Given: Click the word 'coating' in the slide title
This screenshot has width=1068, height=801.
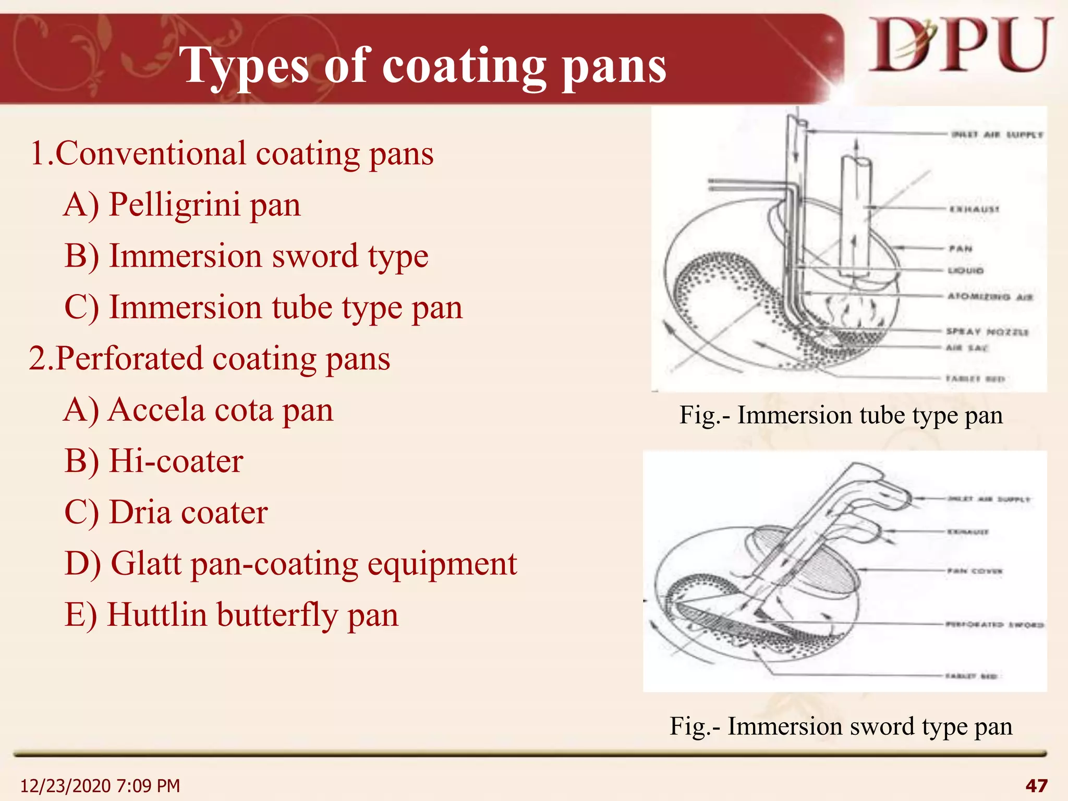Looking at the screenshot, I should tap(464, 66).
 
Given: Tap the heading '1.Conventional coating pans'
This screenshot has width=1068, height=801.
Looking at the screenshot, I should tap(232, 154).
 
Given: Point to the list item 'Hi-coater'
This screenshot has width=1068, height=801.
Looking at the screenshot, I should tap(154, 462).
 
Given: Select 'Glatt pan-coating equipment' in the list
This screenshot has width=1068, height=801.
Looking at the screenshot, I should tap(290, 564).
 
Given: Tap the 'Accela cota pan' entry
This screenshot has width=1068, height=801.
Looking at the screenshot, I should tap(198, 410).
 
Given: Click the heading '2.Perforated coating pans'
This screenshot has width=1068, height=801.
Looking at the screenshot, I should tap(209, 359).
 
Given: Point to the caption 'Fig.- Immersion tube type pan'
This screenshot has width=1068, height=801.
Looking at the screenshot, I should tap(841, 416).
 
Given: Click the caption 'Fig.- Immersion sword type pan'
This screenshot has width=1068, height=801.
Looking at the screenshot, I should tap(841, 726).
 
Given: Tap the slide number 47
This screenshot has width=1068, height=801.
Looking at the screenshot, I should tap(1036, 785).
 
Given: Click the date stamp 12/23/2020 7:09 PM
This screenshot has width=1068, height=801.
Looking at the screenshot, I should tap(100, 785).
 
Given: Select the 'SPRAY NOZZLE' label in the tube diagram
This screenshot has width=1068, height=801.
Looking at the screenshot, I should tap(987, 332).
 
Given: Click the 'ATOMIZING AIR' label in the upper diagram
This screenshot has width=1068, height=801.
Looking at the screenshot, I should tap(990, 297).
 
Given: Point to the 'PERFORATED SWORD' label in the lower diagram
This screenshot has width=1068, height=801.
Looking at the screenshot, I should tap(994, 624).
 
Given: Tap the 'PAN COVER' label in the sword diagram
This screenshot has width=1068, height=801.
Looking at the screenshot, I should tap(975, 571).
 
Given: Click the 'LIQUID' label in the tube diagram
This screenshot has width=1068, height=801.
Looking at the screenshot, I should tap(966, 271).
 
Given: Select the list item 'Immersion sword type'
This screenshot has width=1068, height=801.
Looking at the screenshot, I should tap(246, 256).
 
